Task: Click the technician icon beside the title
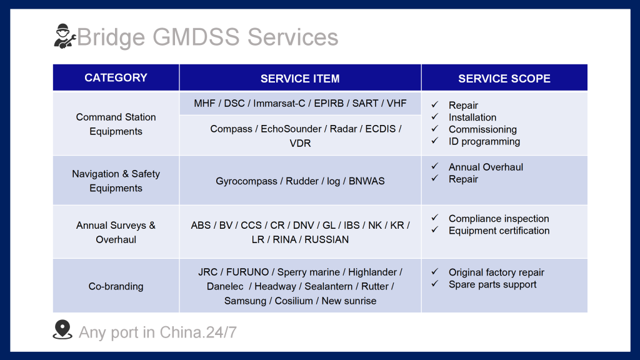click(64, 36)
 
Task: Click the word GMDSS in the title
click(196, 37)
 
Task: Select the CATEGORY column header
click(116, 77)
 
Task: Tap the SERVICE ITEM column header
click(300, 78)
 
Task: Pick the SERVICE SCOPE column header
click(504, 78)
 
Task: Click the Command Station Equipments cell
click(116, 124)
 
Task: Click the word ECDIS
click(381, 129)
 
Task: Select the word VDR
click(300, 143)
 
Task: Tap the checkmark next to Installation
click(435, 117)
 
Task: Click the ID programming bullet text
click(484, 142)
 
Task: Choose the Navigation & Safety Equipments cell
click(116, 181)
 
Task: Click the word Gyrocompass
click(246, 181)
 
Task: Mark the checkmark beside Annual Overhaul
click(435, 166)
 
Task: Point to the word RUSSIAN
click(326, 239)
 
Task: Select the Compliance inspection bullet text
click(499, 219)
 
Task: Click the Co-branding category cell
click(116, 286)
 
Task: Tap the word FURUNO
click(247, 272)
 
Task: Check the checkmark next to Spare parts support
click(435, 284)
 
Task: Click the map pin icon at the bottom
click(62, 329)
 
